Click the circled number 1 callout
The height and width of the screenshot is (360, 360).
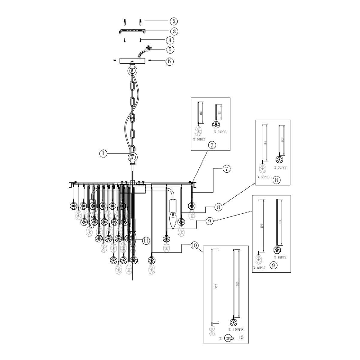pos(103,153)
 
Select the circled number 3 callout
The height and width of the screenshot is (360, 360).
pos(173,31)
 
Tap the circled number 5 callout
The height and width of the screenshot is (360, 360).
pos(170,49)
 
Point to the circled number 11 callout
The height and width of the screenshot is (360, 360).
pos(146,240)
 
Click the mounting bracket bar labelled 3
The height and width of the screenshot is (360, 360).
pos(132,31)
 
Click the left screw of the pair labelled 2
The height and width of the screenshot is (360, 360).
pos(125,22)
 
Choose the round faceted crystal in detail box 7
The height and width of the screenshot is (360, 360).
pos(215,125)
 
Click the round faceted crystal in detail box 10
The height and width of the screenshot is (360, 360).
pos(234,322)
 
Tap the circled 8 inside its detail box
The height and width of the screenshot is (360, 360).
pos(276,180)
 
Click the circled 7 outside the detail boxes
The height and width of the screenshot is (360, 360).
pos(227,169)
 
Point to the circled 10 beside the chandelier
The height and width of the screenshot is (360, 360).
pos(195,246)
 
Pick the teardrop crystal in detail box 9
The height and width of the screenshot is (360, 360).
pos(258,259)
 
